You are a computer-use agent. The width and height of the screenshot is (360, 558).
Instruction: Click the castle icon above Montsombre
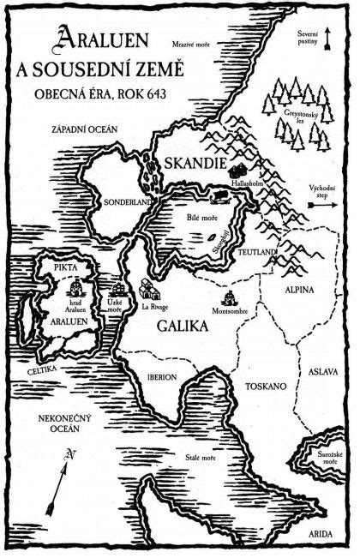tap(230, 297)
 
